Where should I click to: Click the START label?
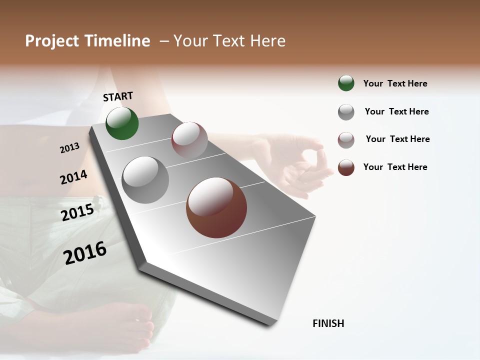pos(118,96)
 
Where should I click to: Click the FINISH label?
pos(328,323)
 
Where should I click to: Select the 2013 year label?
pos(69,148)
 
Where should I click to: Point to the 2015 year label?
pos(77,212)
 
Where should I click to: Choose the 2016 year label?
pos(85,252)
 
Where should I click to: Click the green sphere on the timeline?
pos(122,123)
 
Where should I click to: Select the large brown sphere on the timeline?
pos(216,207)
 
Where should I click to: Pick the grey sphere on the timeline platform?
pos(145,180)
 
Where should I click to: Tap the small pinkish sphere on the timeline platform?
pos(189,140)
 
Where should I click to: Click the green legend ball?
pos(346,83)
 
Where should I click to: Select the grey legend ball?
pos(346,112)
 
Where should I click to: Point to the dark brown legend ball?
pos(346,167)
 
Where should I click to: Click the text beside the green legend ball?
pos(395,83)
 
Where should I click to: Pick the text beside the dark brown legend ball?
pos(395,167)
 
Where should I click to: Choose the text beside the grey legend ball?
pos(396,111)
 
